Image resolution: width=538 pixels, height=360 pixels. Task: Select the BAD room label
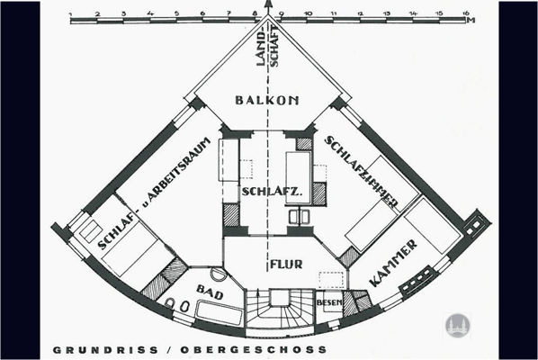coord(207,292)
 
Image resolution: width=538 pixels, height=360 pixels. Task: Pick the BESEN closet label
coord(328,302)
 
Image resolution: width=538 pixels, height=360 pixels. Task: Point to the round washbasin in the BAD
coord(218,274)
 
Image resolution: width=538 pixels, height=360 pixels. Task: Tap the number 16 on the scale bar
coord(465,13)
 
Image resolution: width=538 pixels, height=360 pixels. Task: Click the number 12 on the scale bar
coord(360,13)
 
